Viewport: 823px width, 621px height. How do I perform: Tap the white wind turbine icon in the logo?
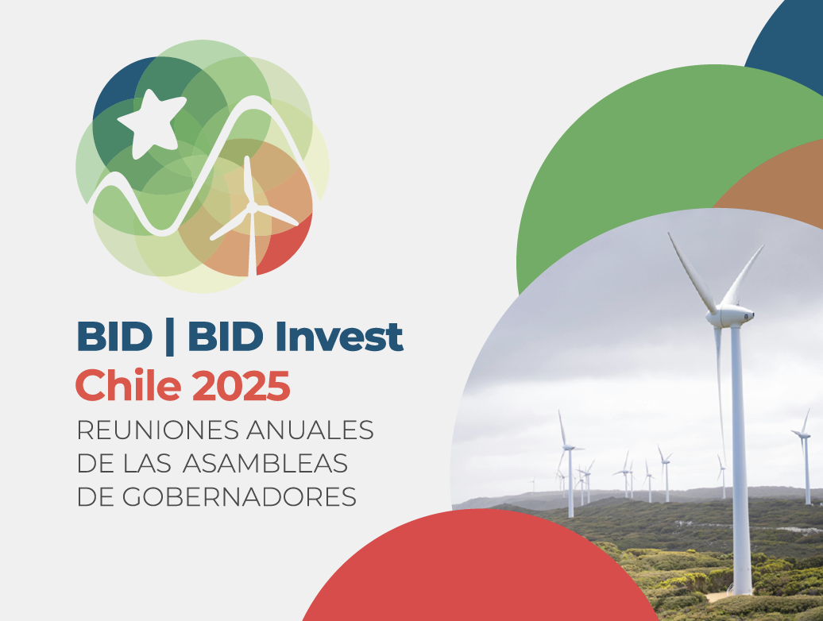coord(253,215)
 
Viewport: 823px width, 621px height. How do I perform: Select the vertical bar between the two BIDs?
coord(169,337)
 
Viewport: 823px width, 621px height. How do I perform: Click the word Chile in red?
coord(129,385)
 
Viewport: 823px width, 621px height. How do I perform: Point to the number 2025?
coord(241,386)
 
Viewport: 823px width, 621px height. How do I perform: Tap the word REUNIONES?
coord(157,430)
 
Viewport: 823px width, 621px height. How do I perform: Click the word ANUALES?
coord(310,430)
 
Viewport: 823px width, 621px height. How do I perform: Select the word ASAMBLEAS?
coord(265,464)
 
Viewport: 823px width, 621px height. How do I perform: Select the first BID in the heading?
coord(114,336)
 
